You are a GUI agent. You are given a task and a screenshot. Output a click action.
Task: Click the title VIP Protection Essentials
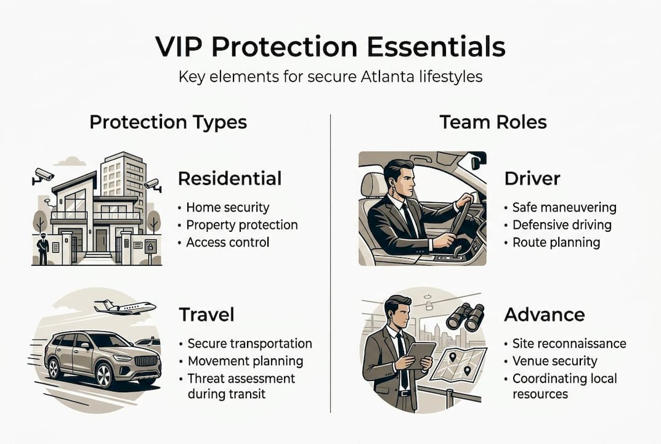[330, 47]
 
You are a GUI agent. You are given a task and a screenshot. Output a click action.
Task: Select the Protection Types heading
[168, 121]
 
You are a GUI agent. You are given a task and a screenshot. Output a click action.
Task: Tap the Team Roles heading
[493, 121]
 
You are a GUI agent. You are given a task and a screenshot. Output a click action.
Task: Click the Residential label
[229, 179]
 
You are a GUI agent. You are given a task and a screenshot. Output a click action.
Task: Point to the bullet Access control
[227, 242]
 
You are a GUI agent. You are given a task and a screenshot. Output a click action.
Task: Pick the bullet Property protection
[241, 225]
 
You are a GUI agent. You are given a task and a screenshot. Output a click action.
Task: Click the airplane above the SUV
[125, 306]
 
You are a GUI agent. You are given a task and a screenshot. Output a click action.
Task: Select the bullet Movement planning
[245, 361]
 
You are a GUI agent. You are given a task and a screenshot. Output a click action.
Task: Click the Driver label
[532, 179]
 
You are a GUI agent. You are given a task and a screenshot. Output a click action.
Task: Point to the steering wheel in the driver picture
[461, 213]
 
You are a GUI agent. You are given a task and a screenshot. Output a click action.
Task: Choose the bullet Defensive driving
[562, 225]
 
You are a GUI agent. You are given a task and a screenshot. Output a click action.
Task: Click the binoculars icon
[465, 317]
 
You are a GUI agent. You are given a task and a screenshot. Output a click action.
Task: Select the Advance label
[545, 314]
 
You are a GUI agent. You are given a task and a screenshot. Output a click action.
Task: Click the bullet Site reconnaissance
[569, 343]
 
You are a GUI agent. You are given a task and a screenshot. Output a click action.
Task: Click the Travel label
[206, 314]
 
